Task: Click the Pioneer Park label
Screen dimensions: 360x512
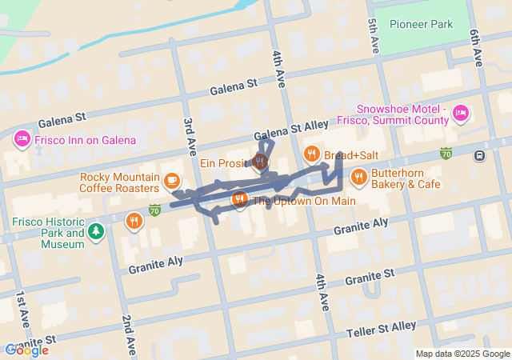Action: pyautogui.click(x=421, y=24)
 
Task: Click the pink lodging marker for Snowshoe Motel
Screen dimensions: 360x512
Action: pyautogui.click(x=461, y=114)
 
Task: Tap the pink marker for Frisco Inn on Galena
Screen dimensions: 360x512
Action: pyautogui.click(x=22, y=140)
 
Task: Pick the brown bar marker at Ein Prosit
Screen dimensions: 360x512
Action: pyautogui.click(x=260, y=162)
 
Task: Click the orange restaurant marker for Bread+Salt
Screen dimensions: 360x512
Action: pyautogui.click(x=311, y=154)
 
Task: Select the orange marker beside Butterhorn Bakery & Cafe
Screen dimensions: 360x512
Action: pyautogui.click(x=358, y=177)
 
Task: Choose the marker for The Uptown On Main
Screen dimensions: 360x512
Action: pyautogui.click(x=238, y=200)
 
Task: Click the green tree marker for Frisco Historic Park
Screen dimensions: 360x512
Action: pyautogui.click(x=97, y=232)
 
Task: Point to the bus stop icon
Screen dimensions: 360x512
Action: pyautogui.click(x=479, y=155)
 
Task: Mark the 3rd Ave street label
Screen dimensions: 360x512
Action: pyautogui.click(x=190, y=136)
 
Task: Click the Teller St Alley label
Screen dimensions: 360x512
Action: pyautogui.click(x=381, y=329)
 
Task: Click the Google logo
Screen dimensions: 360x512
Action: pyautogui.click(x=26, y=350)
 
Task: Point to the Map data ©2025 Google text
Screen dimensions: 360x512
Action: pyautogui.click(x=462, y=354)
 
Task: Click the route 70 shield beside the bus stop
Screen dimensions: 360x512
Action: pyautogui.click(x=446, y=153)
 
